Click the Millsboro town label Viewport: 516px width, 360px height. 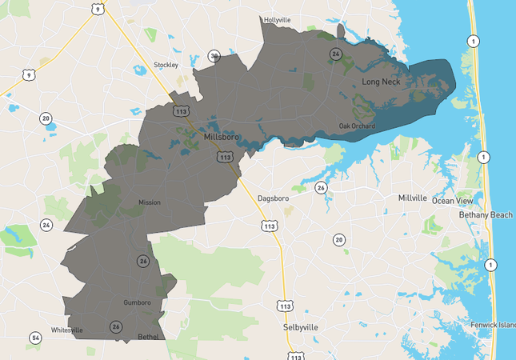pyautogui.click(x=222, y=137)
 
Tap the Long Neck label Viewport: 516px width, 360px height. pyautogui.click(x=381, y=82)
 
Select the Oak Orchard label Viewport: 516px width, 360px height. pyautogui.click(x=356, y=126)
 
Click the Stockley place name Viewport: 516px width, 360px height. pyautogui.click(x=166, y=65)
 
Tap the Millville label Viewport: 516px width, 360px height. pyautogui.click(x=412, y=197)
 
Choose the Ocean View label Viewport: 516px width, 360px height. pyautogui.click(x=454, y=200)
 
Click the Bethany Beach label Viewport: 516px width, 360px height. pyautogui.click(x=486, y=215)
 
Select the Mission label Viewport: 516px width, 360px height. pyautogui.click(x=150, y=202)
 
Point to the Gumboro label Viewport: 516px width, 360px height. pyautogui.click(x=137, y=302)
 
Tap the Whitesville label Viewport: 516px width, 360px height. pyautogui.click(x=67, y=330)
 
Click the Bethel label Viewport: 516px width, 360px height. pyautogui.click(x=149, y=337)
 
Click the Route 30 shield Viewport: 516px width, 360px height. pyautogui.click(x=214, y=55)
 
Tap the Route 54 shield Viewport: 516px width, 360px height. pyautogui.click(x=35, y=338)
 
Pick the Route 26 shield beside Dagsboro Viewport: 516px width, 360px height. pyautogui.click(x=321, y=188)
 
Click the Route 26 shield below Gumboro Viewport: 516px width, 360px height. pyautogui.click(x=116, y=326)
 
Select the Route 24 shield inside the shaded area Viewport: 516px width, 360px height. pyautogui.click(x=336, y=54)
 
